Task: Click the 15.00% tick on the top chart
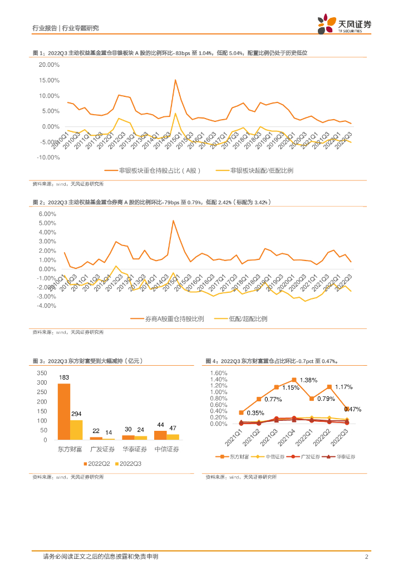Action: [49, 80]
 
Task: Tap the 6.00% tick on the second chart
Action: [49, 214]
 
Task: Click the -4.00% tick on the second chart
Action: [48, 306]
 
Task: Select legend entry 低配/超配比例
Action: [248, 318]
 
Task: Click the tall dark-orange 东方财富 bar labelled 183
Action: [64, 411]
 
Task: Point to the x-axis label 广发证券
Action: [103, 449]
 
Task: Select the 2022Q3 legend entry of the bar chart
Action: [129, 463]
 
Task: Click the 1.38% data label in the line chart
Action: [308, 380]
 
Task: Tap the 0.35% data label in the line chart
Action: [255, 413]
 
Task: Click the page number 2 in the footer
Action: [367, 557]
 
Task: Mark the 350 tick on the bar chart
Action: [42, 373]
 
